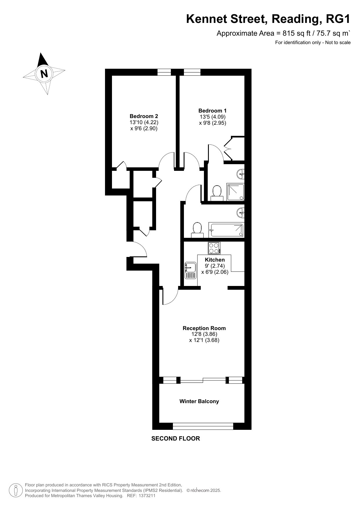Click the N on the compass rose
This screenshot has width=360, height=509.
click(x=44, y=74)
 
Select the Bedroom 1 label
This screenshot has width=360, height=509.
click(x=212, y=111)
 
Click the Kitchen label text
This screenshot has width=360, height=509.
click(x=215, y=260)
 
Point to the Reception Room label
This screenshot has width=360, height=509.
click(x=204, y=328)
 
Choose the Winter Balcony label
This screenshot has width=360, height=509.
click(x=199, y=401)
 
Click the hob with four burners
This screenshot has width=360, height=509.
click(x=214, y=248)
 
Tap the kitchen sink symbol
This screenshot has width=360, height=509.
click(x=191, y=270)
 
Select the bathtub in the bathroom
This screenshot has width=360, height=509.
click(x=226, y=230)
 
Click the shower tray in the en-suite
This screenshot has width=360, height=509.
click(x=235, y=192)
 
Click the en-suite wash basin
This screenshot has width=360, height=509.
click(x=241, y=174)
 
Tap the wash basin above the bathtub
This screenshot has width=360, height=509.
click(x=241, y=213)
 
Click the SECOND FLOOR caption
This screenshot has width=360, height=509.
click(x=176, y=439)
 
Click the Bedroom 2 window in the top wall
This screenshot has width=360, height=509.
click(x=164, y=72)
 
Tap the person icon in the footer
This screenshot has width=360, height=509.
click(x=16, y=490)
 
